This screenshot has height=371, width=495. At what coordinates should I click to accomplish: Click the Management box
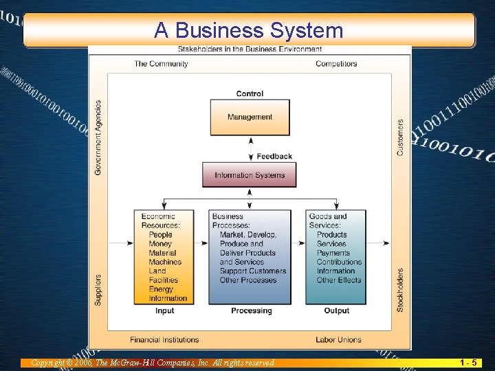(x=250, y=117)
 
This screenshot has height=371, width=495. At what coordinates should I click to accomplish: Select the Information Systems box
(x=249, y=175)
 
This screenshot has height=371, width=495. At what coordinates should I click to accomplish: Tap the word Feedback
(x=274, y=157)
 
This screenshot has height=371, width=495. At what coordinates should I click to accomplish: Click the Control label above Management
(x=250, y=94)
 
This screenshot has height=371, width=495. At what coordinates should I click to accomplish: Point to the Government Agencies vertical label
(x=98, y=137)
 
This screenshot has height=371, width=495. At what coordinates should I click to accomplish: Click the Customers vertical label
(x=400, y=137)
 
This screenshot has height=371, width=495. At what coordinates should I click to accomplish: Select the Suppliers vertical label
(x=98, y=290)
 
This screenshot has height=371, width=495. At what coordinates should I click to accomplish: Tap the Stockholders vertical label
(x=400, y=290)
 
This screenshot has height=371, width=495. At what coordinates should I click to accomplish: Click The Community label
(x=161, y=64)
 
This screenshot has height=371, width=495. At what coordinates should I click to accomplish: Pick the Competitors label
(x=336, y=64)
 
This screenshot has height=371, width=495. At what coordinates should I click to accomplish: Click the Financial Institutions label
(x=164, y=339)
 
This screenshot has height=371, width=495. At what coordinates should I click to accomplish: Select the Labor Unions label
(x=339, y=339)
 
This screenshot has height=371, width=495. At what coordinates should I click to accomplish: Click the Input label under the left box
(x=165, y=311)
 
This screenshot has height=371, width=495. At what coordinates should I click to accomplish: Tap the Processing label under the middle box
(x=252, y=311)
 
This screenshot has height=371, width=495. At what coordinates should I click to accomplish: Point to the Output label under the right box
(x=337, y=311)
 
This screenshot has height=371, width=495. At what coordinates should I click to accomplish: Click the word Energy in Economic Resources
(x=162, y=289)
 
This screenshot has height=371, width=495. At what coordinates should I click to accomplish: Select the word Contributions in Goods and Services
(x=339, y=262)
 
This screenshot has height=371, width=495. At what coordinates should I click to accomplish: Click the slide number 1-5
(x=470, y=362)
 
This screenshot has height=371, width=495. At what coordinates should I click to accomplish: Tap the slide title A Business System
(x=248, y=30)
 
